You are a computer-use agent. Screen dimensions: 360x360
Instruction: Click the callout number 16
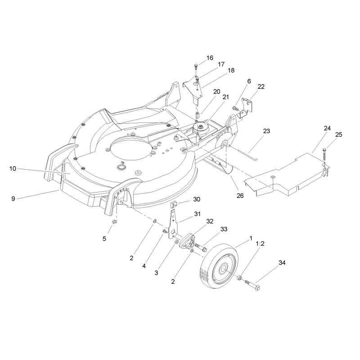(210, 58)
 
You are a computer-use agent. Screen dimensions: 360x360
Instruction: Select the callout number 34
(282, 263)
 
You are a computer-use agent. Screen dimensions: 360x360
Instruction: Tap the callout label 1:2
(260, 243)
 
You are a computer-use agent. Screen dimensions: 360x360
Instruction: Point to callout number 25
(339, 135)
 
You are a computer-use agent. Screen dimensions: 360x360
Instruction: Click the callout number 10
(13, 168)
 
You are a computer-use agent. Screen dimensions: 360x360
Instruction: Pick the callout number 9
(13, 198)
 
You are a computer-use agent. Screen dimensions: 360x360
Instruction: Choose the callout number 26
(240, 196)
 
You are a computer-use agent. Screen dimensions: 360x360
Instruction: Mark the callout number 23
(266, 131)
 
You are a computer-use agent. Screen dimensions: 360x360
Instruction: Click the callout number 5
(104, 239)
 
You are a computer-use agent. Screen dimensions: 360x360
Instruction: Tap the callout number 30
(197, 199)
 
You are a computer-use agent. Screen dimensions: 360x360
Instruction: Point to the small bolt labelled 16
(196, 67)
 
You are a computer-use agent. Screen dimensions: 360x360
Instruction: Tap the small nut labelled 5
(114, 221)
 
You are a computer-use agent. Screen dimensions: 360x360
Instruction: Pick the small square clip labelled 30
(174, 204)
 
